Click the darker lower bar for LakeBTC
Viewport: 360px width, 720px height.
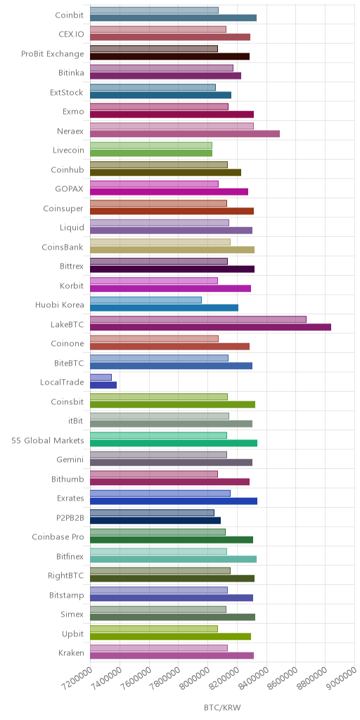[210, 327]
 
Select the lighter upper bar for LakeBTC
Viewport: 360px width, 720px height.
[198, 319]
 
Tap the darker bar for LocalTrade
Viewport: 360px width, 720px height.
[103, 385]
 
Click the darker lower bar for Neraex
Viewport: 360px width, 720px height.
[185, 134]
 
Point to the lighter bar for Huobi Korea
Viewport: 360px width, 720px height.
[146, 300]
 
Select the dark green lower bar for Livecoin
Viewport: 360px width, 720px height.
[151, 153]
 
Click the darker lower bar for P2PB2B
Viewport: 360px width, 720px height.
[155, 520]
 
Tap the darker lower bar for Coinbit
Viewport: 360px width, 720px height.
[173, 18]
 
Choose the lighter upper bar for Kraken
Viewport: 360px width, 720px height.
[159, 648]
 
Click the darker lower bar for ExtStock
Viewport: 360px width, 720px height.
[161, 95]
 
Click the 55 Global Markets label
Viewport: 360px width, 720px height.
[48, 440]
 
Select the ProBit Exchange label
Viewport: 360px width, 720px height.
[53, 53]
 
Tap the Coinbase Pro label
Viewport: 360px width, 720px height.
[58, 537]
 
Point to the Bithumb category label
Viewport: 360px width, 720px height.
[68, 480]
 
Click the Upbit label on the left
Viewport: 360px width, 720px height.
[74, 634]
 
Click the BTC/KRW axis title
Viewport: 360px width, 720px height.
[222, 707]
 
